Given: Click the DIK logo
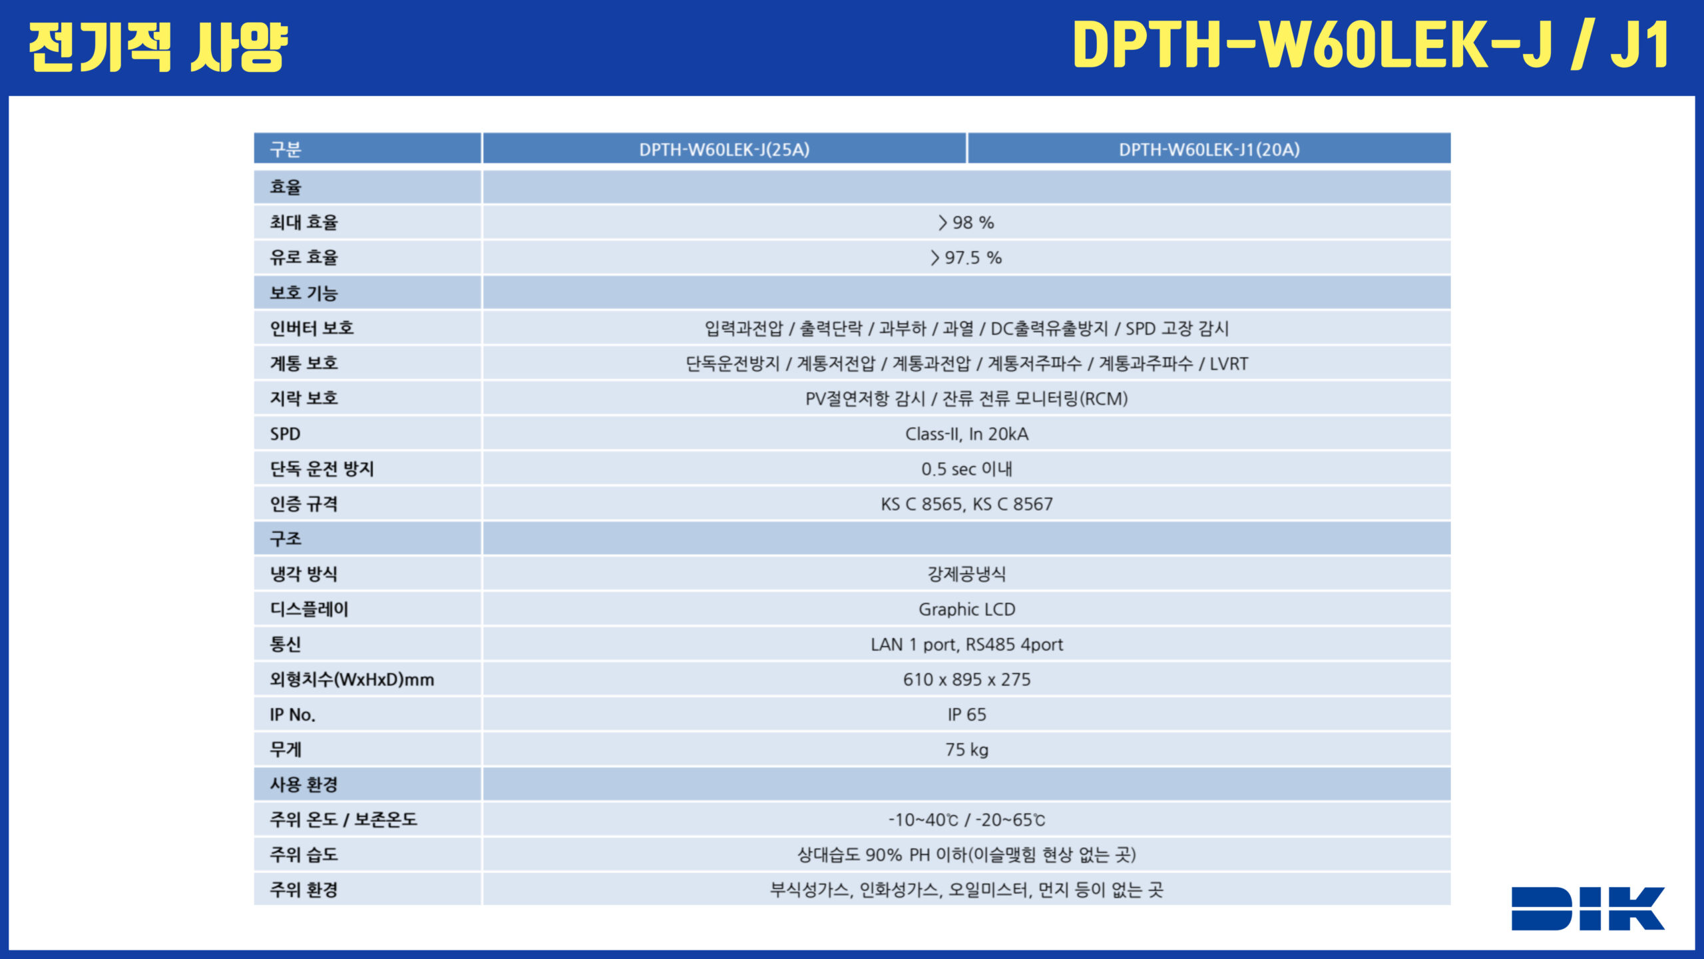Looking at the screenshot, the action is (1588, 908).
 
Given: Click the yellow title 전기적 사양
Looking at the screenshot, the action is (158, 47).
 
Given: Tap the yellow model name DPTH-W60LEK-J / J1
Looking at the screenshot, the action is (1372, 45).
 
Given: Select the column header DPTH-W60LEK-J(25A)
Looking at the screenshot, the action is (724, 149).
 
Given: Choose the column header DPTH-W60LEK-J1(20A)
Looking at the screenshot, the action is (1209, 149).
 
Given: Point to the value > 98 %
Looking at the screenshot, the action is (966, 222).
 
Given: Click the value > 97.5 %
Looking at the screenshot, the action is (966, 258).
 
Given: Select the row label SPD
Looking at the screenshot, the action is (285, 434).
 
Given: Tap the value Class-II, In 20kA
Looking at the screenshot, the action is (966, 434).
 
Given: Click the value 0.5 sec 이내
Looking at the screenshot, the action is (966, 469).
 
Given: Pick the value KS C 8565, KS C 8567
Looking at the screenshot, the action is (966, 504).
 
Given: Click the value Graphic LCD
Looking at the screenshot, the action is (966, 609).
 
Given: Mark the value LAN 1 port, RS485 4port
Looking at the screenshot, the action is (966, 645).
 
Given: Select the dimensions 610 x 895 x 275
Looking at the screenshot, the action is (966, 679).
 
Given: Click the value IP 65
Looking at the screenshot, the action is (966, 715).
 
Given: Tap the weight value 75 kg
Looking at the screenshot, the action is (966, 750).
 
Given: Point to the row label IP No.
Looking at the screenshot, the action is (292, 715).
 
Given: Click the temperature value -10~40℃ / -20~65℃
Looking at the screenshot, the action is (966, 820).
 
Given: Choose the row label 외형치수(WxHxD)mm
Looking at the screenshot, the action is (351, 679).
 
